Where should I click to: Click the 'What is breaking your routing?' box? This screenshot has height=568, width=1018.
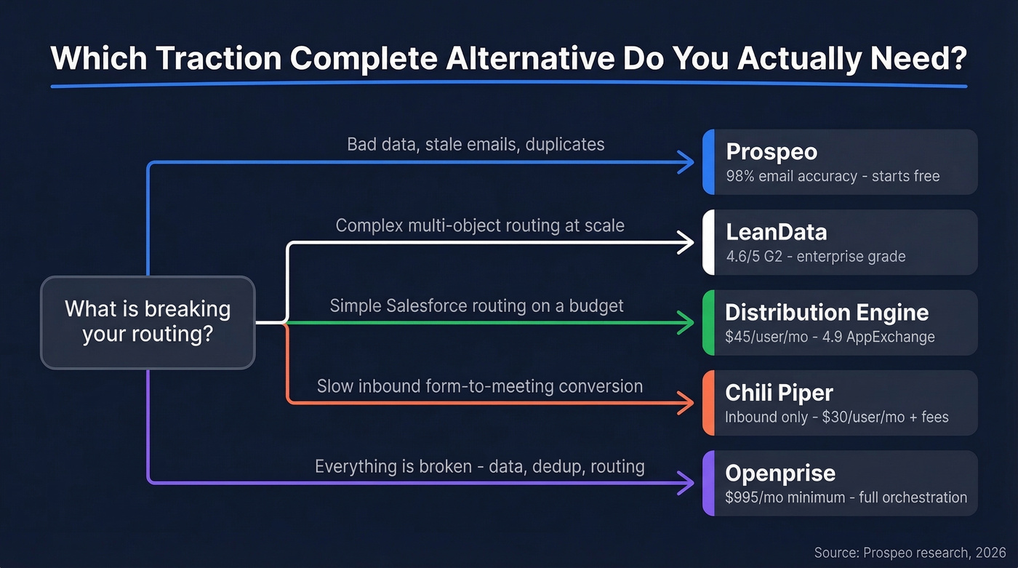point(148,321)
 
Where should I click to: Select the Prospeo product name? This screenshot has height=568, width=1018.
point(771,152)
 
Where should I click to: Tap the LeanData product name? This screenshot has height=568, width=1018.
point(776,232)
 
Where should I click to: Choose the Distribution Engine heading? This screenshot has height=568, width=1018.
point(827,313)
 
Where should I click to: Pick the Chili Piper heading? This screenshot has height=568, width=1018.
point(779,393)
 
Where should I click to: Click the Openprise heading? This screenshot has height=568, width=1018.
point(780,473)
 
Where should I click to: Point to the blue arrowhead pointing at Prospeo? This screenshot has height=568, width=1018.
point(686,163)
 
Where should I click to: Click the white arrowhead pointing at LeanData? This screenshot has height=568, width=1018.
point(686,243)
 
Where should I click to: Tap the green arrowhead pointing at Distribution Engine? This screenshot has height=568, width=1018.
point(686,322)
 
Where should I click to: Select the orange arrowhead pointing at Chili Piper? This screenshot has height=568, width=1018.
point(686,402)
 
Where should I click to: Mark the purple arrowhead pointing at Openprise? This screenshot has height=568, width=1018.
point(686,482)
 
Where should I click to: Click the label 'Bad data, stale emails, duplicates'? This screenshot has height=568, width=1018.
point(476,144)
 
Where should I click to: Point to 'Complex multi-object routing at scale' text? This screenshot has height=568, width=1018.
point(480,225)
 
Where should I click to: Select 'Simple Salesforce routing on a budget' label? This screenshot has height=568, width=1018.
point(476,305)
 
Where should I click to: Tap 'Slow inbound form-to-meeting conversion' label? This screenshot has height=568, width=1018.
point(479,385)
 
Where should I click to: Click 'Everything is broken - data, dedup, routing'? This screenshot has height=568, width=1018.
point(479,466)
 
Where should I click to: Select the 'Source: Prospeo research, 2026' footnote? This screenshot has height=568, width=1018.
point(910,553)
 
